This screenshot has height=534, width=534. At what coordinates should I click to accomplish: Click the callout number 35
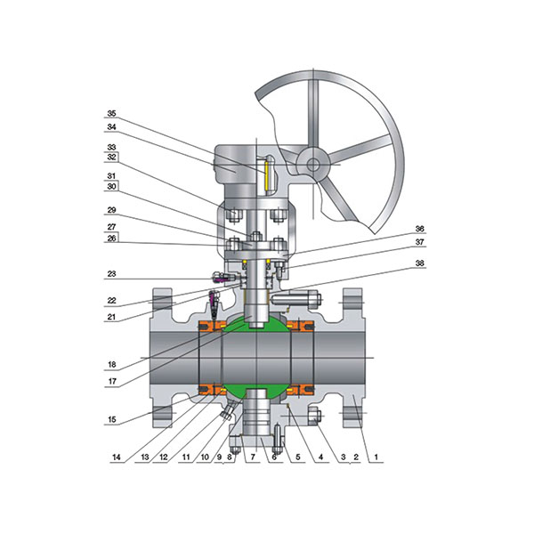[111, 113]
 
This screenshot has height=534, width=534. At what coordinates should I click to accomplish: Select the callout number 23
[111, 274]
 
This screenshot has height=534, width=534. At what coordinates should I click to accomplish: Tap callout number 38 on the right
[419, 263]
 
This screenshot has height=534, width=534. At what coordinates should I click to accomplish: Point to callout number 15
[112, 419]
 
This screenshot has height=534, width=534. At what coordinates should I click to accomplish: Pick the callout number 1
[376, 457]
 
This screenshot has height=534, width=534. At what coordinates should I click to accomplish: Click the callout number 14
[116, 457]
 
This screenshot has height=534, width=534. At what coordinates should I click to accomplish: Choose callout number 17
[112, 382]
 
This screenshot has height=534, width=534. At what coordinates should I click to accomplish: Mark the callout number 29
[111, 210]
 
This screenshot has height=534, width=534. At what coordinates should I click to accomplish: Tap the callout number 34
[111, 127]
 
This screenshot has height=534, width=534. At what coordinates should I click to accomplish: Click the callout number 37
[419, 242]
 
